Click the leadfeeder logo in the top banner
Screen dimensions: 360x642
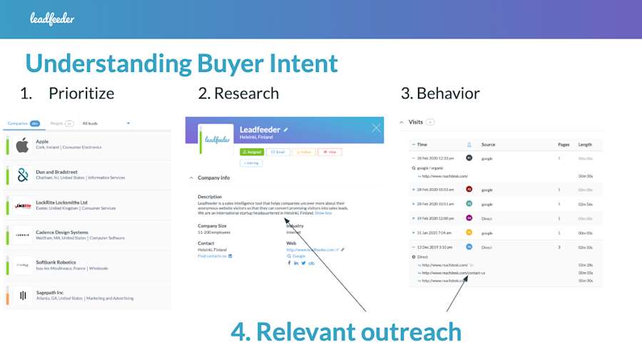pos(52,19)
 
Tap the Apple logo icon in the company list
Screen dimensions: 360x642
pos(22,145)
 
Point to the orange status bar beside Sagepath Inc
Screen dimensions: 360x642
pos(7,294)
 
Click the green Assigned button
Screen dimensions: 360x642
pos(252,152)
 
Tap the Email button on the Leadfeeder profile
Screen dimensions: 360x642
pos(278,152)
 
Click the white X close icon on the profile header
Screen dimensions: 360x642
pos(377,128)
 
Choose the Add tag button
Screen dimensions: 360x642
pos(250,163)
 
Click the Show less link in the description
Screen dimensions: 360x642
pos(323,212)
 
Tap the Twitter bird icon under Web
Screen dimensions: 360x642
pos(303,263)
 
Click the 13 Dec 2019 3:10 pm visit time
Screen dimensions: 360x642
pos(434,247)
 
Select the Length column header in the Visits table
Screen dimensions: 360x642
pos(585,145)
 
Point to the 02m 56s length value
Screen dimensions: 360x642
pos(585,204)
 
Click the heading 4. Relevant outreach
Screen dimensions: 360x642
pos(346,331)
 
